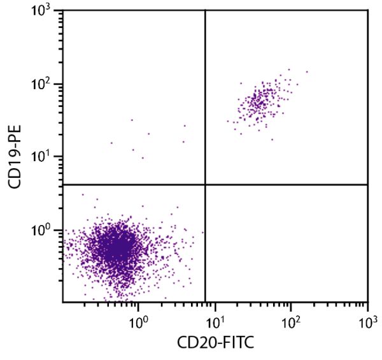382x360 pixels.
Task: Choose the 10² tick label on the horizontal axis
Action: [x=291, y=317]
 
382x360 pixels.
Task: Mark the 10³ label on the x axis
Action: [x=367, y=317]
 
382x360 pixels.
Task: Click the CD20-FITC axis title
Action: [x=215, y=344]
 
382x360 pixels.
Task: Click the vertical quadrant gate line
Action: [x=205, y=96]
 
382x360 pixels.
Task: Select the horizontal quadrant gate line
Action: [x=286, y=185]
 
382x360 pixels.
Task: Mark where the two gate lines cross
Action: [x=205, y=185]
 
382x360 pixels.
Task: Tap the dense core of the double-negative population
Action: [x=115, y=245]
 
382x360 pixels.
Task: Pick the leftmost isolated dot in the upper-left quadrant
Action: [x=111, y=143]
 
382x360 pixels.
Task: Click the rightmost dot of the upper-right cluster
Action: [x=307, y=72]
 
